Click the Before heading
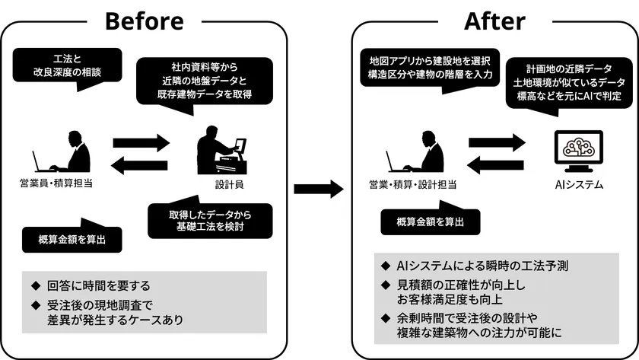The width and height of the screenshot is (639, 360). [144, 20]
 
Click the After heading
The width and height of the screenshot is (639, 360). [494, 20]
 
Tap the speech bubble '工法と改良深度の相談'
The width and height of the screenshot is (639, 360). [67, 65]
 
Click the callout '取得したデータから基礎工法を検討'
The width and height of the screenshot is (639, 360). [209, 218]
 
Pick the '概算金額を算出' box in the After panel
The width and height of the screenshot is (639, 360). [431, 221]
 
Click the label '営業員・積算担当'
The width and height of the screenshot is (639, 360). [57, 183]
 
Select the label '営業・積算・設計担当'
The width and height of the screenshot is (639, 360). [413, 183]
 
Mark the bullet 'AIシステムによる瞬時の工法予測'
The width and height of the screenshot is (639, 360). [482, 266]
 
